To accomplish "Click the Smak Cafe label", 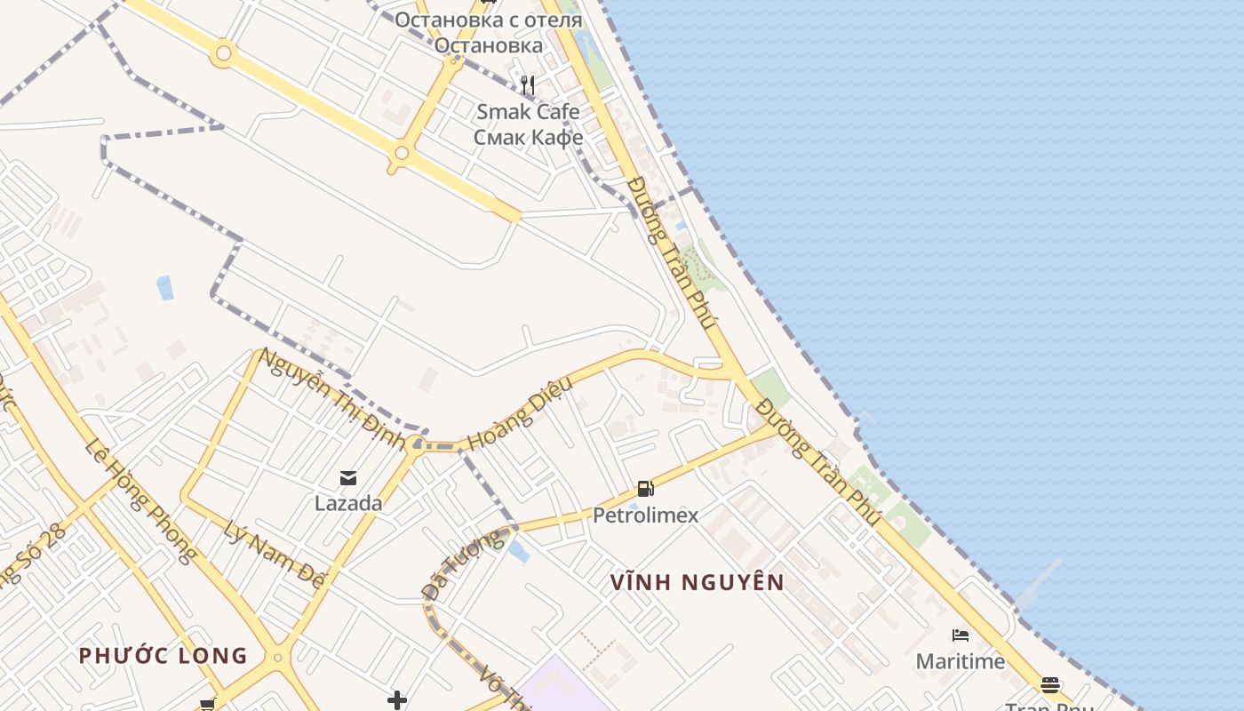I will point(528,112).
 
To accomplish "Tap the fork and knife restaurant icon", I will point(529,85).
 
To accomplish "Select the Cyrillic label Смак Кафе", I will point(528,137).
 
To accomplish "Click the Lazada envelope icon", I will point(348,478).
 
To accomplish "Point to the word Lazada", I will point(348,503).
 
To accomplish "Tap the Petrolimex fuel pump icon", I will point(646,489).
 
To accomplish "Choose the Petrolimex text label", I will point(646,515).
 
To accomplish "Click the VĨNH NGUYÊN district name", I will point(698,583).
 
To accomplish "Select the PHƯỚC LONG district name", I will point(163,656).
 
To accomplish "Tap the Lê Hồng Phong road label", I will point(140,499).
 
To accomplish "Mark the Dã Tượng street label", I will point(462,565).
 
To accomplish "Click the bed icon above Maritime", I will point(961,635).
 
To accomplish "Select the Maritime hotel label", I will point(961,661).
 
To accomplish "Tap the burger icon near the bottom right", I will point(1050,684).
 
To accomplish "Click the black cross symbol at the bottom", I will point(397,700).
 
